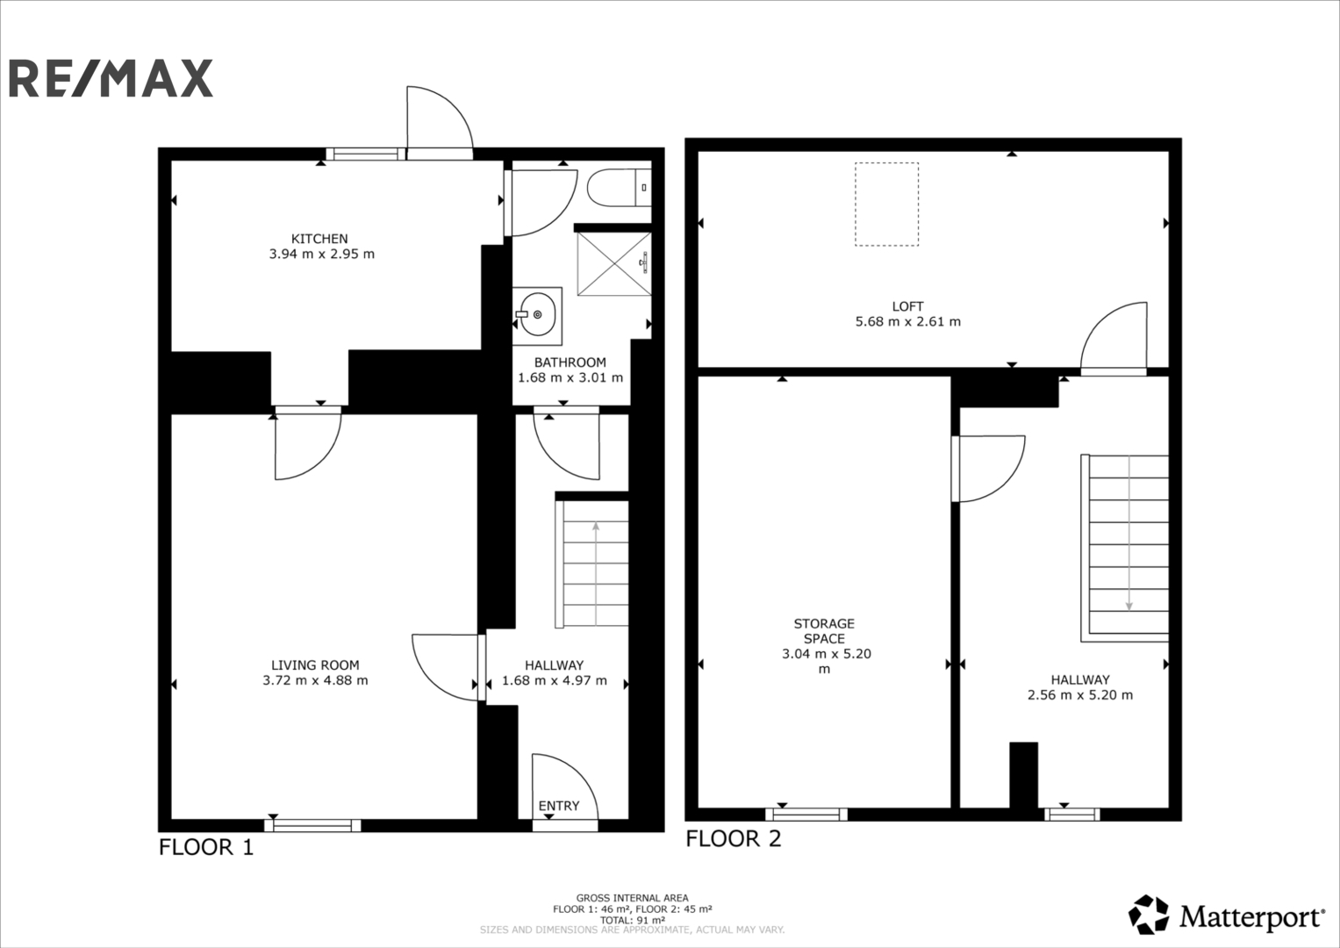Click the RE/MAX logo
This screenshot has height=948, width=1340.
tap(111, 78)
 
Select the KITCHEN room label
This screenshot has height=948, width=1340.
tap(319, 238)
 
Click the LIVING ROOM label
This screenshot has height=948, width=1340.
tap(315, 665)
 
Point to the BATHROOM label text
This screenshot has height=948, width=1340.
tap(570, 362)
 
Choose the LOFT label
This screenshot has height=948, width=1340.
tap(908, 306)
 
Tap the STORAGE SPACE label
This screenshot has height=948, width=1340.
tap(824, 631)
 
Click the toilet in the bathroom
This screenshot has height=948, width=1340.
tap(619, 187)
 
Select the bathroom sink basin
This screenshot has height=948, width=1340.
tap(537, 315)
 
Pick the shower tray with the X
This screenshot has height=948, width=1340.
tap(613, 263)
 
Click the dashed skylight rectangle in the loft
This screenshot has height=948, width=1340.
tap(886, 204)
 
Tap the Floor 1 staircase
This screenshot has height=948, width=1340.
tap(591, 564)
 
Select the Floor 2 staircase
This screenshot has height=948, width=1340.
tap(1125, 549)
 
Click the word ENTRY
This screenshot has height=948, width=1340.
tap(559, 806)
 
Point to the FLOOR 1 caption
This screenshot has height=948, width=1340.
tap(206, 847)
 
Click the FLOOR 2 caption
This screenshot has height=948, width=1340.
tap(734, 838)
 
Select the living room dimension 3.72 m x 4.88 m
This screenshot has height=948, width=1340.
tap(315, 680)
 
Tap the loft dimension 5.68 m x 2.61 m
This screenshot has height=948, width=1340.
tap(908, 321)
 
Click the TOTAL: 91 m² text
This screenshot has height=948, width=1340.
tap(633, 920)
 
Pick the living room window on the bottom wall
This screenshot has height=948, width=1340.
tap(313, 826)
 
